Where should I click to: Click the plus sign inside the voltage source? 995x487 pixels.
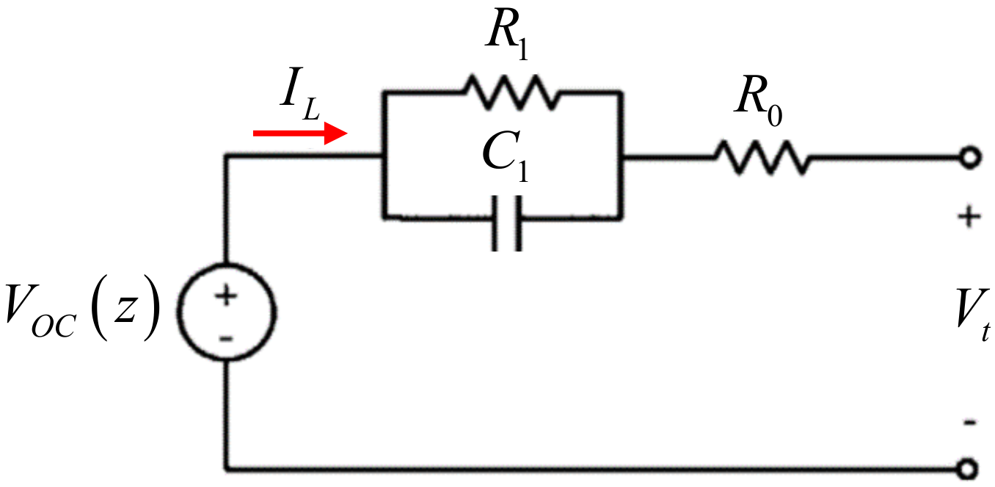click(227, 296)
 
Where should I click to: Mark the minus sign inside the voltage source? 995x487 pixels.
click(227, 337)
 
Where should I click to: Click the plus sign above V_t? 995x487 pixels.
click(969, 216)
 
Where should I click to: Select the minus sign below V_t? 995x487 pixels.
click(969, 422)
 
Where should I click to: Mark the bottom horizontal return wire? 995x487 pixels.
click(587, 467)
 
